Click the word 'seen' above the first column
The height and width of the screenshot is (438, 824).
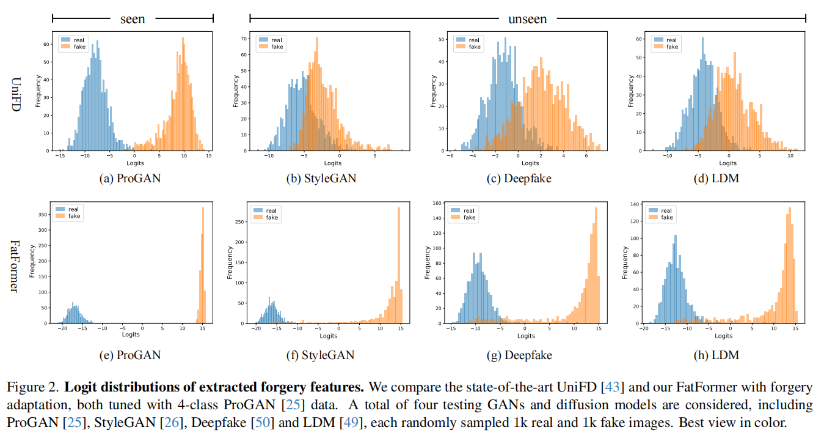(133, 19)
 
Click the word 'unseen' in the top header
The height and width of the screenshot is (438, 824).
(527, 19)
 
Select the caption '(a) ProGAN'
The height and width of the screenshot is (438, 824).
(131, 178)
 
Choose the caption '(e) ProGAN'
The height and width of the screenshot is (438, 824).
(131, 355)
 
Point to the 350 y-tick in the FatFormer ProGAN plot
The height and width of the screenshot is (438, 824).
(44, 215)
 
